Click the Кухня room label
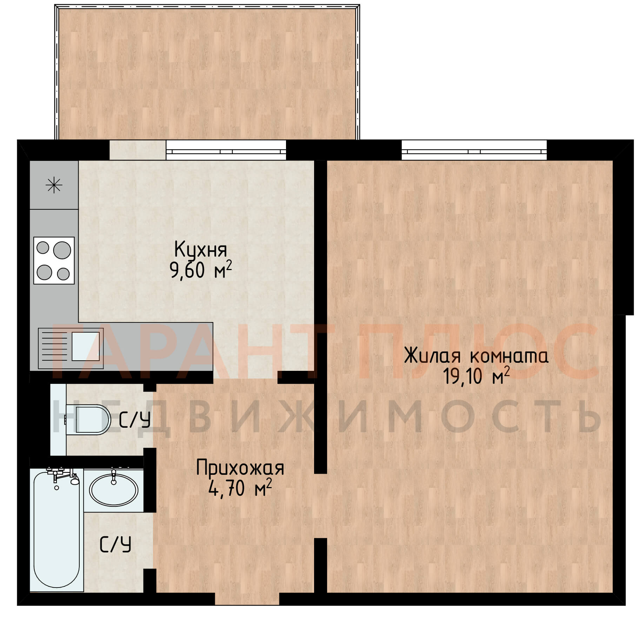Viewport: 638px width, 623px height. (200, 250)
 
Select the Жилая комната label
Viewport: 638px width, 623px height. (476, 356)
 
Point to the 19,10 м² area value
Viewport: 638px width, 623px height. (476, 376)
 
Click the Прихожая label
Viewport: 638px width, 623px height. (240, 468)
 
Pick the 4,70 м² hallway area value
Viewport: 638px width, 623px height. (240, 488)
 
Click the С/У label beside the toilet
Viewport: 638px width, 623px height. (135, 420)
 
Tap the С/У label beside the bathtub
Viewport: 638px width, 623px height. (115, 544)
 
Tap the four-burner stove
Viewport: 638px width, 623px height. (54, 260)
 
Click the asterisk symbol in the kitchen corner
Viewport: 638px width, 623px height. (54, 185)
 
